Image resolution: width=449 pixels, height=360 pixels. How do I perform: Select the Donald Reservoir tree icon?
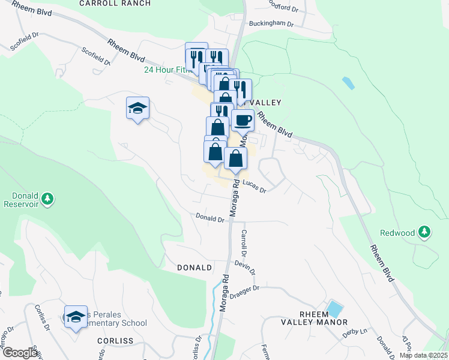pos(49,198)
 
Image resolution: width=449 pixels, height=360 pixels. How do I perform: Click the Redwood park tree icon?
pos(424,232)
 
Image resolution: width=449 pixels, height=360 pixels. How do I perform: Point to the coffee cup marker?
pos(243,120)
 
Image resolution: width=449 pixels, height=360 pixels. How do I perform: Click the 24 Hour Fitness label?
pos(167,70)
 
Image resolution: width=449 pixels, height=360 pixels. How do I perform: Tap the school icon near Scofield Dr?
pos(137,109)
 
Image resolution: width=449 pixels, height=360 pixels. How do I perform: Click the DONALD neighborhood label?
pos(194,268)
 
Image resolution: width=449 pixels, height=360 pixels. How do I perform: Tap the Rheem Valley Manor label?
pos(306,318)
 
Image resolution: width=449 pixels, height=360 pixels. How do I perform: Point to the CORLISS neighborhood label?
pos(114,340)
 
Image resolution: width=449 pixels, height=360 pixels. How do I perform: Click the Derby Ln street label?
pos(354,331)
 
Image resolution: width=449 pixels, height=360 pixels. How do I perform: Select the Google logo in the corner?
pos(20,353)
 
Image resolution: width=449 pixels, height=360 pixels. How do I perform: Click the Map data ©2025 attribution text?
pos(423,355)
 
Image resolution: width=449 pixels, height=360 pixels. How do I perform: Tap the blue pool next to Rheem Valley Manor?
pos(334,310)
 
